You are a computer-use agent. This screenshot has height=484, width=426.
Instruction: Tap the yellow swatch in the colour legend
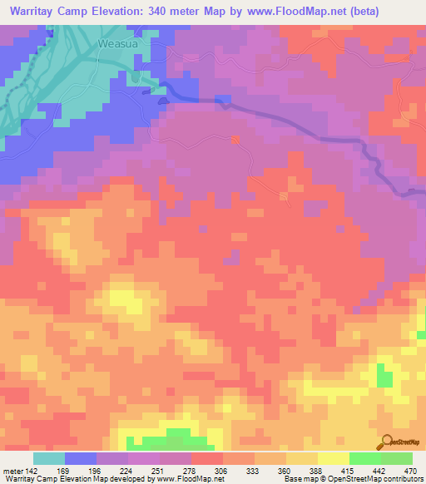(x=332, y=458)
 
